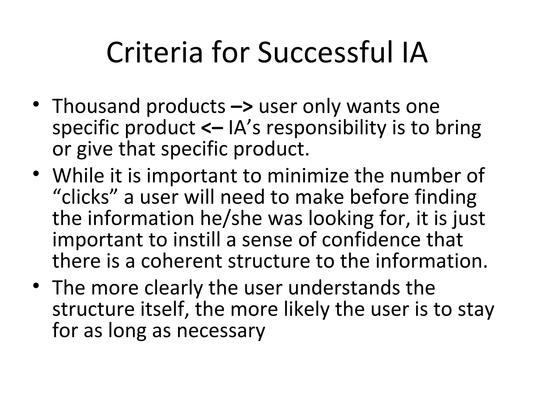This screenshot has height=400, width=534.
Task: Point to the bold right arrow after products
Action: point(242,107)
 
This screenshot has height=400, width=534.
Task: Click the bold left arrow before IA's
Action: point(212,128)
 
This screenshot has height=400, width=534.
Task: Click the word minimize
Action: point(308,176)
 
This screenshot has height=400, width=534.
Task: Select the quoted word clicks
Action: point(85,197)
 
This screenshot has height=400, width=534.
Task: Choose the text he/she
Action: point(231,218)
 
